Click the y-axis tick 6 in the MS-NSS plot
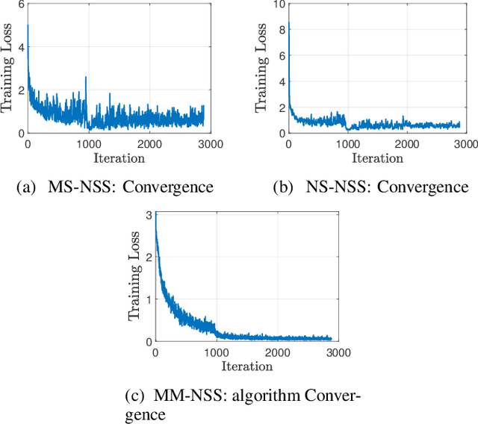20,4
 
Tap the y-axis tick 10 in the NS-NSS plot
279,4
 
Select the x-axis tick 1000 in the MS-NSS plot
89,143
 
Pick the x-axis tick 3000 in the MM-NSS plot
338,351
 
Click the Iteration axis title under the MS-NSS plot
119,157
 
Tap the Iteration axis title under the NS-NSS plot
376,157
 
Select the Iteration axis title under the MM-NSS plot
246,365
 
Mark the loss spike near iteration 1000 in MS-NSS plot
86,78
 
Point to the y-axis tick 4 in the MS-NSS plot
20,48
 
